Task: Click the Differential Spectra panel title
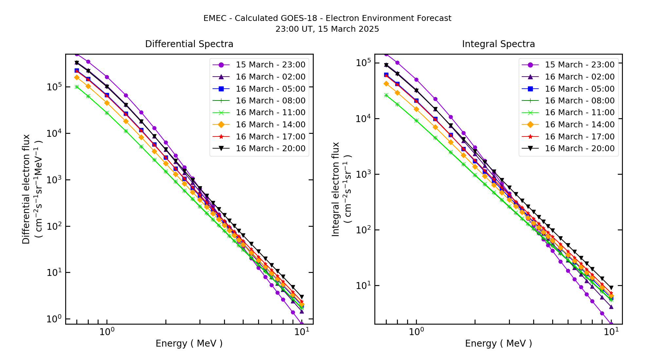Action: [189, 44]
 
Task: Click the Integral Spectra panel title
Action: [498, 44]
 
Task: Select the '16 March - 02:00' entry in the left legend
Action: [271, 77]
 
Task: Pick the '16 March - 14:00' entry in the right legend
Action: [580, 125]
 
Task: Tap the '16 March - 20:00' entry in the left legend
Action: [271, 149]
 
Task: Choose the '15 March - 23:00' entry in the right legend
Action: [580, 65]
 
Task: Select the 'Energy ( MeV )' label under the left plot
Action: [189, 343]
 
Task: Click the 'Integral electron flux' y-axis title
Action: [336, 189]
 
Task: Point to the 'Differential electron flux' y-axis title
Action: [26, 189]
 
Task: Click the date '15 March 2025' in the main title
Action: [348, 29]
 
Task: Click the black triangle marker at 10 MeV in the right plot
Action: [611, 288]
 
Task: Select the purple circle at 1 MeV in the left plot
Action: [107, 77]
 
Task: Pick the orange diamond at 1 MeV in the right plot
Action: [416, 109]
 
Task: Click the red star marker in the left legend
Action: [221, 137]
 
